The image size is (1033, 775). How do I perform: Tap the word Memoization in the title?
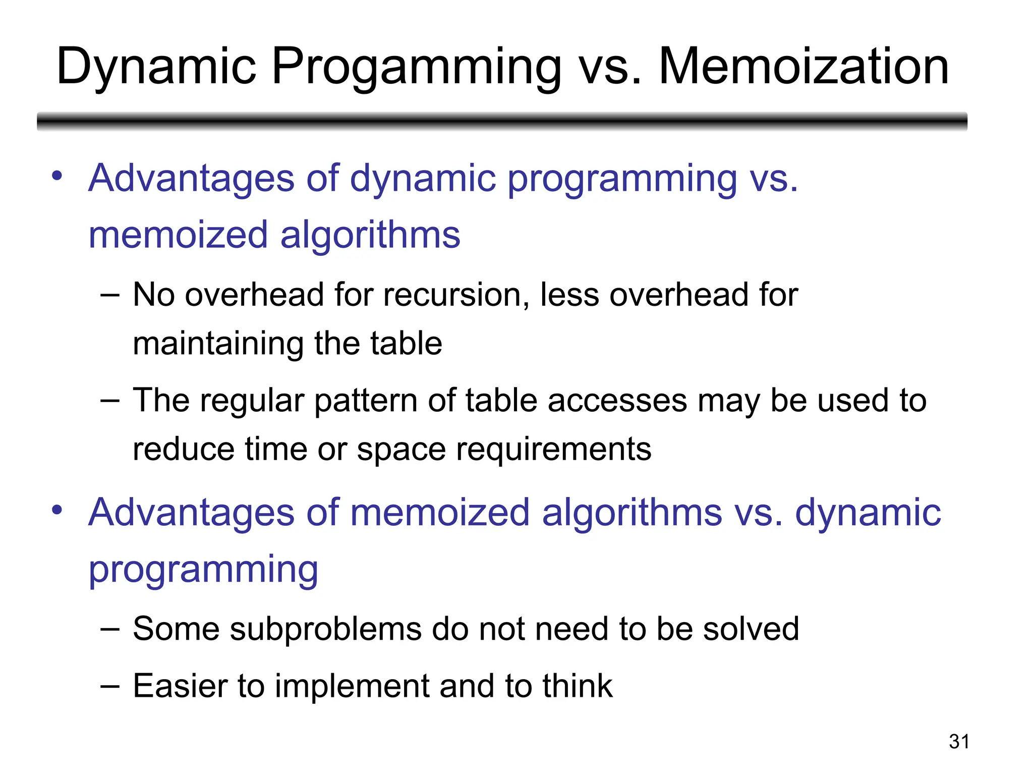coord(804,67)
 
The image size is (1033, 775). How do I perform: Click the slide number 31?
coord(959,742)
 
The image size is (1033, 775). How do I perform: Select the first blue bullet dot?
coord(57,176)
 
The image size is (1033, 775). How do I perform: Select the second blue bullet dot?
coord(57,510)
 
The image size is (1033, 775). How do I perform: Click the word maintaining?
coord(217,344)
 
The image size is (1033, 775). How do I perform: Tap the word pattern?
coord(366,402)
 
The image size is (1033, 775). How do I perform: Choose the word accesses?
coord(617,401)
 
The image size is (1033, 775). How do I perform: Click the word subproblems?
coord(325,629)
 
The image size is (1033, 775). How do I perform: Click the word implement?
coord(351,687)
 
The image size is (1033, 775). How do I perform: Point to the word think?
coord(577,686)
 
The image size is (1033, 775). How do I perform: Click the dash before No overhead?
coord(110,295)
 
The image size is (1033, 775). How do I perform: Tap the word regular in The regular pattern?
coord(252,402)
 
